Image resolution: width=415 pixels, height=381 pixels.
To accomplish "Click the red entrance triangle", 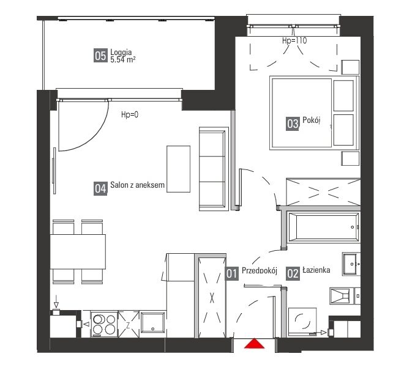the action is click(254, 344).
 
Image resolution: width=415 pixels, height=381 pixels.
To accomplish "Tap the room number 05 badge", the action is click(100, 56).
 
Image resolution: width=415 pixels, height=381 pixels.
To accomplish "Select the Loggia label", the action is click(121, 52).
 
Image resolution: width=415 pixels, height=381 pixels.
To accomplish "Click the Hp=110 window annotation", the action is click(294, 40).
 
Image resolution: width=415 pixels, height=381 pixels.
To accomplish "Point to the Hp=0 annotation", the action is click(130, 114).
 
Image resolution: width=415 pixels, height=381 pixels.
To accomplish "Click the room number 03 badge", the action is click(293, 124).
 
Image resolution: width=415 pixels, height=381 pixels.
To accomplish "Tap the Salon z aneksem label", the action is click(137, 185).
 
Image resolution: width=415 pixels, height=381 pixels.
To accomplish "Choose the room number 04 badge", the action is click(100, 188).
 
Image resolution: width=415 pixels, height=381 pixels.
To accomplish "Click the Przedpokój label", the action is click(260, 270).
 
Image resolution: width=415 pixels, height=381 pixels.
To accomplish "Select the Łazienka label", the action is click(316, 270).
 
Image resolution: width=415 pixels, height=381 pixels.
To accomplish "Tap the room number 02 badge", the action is click(293, 273).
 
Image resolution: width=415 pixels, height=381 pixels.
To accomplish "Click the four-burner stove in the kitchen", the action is click(104, 324).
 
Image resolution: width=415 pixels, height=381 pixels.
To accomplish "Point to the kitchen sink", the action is click(152, 323).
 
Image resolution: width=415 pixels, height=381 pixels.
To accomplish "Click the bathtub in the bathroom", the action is click(323, 227).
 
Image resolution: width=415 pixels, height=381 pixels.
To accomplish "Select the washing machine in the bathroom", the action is click(302, 322).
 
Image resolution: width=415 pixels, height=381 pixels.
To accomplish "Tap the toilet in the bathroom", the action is click(345, 295).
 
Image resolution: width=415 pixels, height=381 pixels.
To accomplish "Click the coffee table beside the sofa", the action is click(178, 169).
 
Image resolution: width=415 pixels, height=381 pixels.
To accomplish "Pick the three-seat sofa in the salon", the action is click(214, 169).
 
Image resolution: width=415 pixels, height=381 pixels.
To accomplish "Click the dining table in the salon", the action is click(78, 252).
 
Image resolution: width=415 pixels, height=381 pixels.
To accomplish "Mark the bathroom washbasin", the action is click(351, 264).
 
